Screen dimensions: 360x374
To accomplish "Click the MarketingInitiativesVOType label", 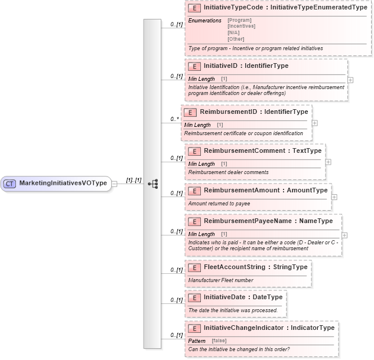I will pyautogui.click(x=63, y=184).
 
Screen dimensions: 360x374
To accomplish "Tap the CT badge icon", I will pyautogui.click(x=9, y=184).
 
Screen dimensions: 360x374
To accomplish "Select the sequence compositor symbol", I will pyautogui.click(x=152, y=184).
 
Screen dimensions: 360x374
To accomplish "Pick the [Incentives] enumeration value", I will pyautogui.click(x=241, y=27).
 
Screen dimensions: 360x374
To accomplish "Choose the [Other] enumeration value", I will pyautogui.click(x=236, y=40).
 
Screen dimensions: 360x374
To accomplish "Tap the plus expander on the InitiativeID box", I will pyautogui.click(x=350, y=79).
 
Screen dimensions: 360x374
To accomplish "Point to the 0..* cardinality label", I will pyautogui.click(x=175, y=119).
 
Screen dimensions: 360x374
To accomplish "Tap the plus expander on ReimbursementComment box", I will pyautogui.click(x=328, y=162).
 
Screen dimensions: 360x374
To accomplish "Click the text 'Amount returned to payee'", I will pyautogui.click(x=219, y=204).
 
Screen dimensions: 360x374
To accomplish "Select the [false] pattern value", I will pyautogui.click(x=219, y=341).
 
